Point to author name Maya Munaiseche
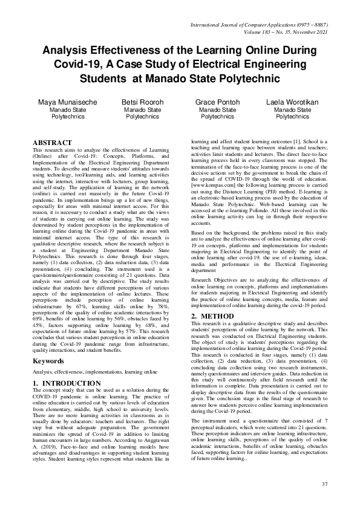click(67, 103)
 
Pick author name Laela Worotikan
click(292, 103)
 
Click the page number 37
click(324, 484)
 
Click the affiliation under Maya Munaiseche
click(67, 113)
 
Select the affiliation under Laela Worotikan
click(292, 113)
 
